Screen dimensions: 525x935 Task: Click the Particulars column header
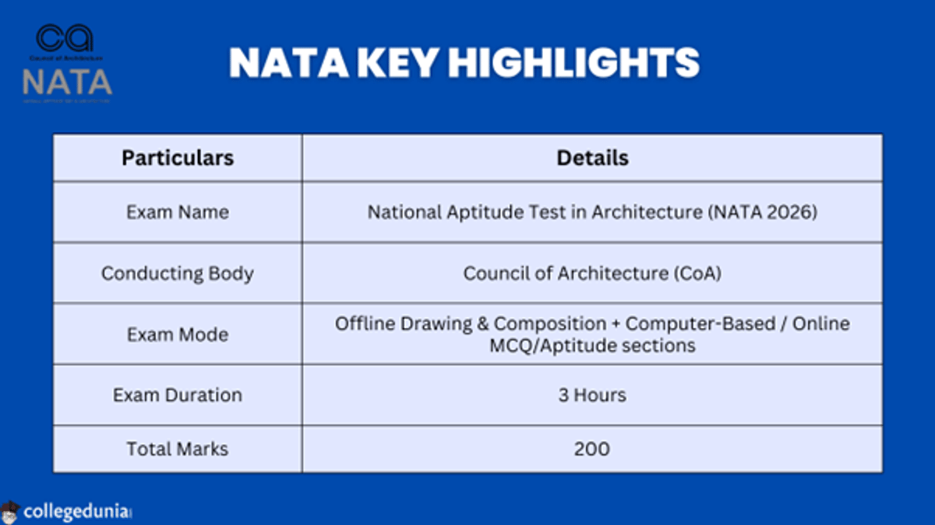click(178, 158)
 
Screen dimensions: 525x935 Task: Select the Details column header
click(592, 158)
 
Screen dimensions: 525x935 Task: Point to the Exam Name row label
click(178, 212)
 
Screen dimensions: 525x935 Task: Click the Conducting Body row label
click(178, 273)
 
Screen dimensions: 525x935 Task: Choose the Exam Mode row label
click(178, 334)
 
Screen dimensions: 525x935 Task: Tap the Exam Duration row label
click(178, 395)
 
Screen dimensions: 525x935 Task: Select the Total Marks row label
click(178, 449)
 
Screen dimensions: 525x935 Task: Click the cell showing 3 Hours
click(592, 395)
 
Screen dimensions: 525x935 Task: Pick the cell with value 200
click(592, 449)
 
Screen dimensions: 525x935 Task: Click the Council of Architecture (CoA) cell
click(592, 273)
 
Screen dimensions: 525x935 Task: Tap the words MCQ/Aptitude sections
click(592, 345)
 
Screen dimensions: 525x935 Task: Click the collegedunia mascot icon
click(10, 512)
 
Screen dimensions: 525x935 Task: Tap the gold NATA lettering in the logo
click(67, 81)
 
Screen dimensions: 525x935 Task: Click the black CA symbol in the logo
click(65, 38)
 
